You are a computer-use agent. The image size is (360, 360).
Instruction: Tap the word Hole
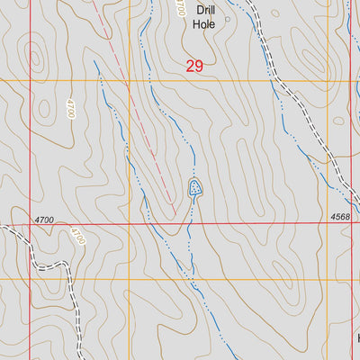[x=202, y=25]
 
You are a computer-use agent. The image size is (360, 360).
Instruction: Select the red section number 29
[x=194, y=66]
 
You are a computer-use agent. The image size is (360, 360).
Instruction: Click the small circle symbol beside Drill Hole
[x=227, y=16]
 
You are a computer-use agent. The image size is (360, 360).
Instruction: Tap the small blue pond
[x=194, y=188]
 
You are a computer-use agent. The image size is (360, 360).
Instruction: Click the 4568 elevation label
[x=340, y=217]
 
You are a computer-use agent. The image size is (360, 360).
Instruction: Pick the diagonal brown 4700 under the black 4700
[x=79, y=237]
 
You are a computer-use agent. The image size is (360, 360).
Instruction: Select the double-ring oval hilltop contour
[x=33, y=57]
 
